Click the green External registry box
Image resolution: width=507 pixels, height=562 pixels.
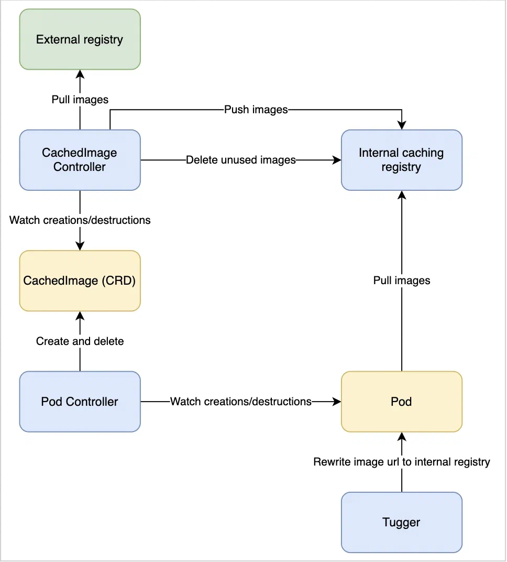80,39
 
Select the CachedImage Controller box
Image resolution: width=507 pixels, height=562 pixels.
80,160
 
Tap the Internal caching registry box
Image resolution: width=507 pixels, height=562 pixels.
401,160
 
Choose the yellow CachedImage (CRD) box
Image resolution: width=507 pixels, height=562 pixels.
80,280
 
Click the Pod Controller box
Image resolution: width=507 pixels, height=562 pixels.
80,402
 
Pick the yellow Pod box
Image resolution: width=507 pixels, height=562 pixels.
401,402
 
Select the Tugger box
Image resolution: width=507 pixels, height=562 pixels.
401,522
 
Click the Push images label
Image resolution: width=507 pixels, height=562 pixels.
256,110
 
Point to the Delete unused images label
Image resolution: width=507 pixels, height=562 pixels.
240,160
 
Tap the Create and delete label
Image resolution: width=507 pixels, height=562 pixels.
80,341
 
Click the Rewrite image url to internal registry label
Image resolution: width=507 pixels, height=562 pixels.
401,462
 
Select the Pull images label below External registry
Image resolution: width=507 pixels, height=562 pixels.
80,99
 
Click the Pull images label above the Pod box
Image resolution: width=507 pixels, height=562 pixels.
401,280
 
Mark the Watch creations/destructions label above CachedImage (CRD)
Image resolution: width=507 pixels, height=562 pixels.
80,220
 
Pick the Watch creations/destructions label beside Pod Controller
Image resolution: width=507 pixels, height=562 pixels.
240,402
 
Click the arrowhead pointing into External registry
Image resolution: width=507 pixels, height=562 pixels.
80,74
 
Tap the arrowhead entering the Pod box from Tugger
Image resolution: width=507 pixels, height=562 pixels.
401,436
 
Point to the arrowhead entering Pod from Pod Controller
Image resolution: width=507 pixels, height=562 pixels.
336,402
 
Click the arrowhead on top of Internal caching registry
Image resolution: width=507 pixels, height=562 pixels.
401,125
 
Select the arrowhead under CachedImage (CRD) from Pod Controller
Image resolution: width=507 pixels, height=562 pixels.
80,316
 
